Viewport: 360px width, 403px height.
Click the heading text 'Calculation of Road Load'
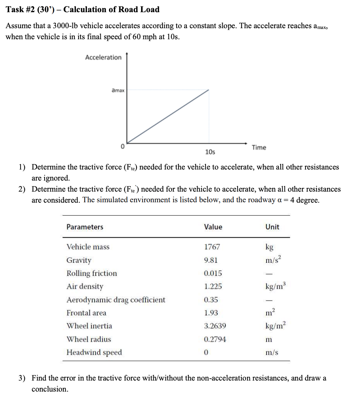point(111,10)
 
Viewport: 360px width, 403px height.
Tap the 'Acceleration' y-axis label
point(103,58)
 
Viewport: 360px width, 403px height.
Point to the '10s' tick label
point(210,152)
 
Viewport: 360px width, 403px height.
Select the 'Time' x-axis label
point(259,147)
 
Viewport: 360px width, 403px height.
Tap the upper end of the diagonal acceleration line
point(209,90)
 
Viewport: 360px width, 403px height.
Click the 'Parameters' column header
point(85,227)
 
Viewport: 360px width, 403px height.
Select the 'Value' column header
point(213,227)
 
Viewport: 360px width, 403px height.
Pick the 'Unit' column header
point(272,227)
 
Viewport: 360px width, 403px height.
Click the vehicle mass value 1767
point(212,247)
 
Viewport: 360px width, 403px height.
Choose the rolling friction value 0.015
point(212,273)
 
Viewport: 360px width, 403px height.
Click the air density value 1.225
point(212,286)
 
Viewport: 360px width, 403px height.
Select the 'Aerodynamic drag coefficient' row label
point(116,300)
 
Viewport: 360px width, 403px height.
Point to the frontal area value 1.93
point(211,313)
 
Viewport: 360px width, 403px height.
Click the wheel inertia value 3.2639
point(215,326)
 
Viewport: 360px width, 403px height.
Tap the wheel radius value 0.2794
point(215,339)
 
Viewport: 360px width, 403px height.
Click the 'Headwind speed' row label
point(94,352)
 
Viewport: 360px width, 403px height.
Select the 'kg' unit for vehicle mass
point(269,247)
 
